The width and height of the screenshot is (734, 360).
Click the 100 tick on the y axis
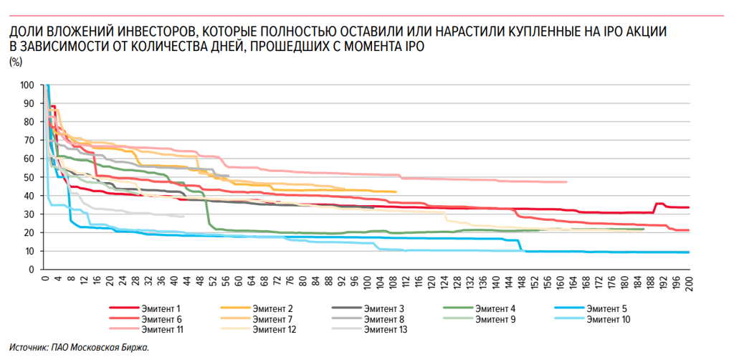[27, 85]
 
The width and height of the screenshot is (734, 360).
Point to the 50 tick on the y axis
[29, 177]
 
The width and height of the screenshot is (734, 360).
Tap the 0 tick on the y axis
[32, 270]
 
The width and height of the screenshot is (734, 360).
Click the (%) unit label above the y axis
[15, 62]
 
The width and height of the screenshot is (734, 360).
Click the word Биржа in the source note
[134, 348]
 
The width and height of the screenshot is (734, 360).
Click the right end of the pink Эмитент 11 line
[566, 182]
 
